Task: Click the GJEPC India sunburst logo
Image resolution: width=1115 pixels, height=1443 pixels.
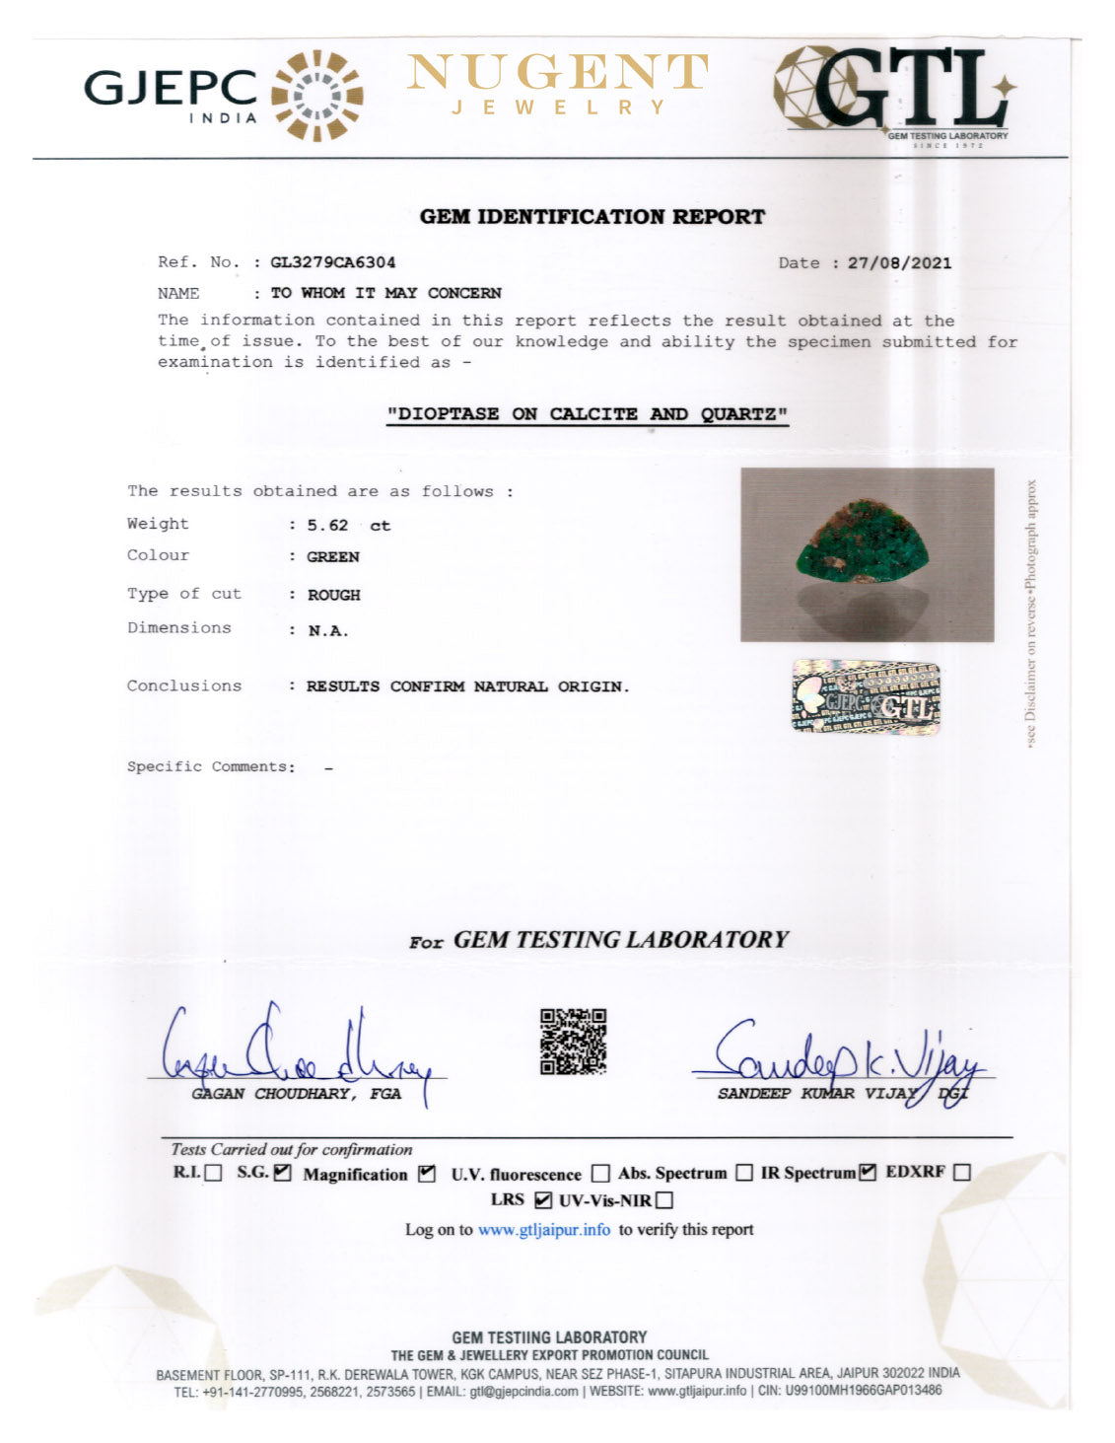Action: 316,95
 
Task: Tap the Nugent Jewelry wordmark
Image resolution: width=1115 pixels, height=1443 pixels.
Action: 558,84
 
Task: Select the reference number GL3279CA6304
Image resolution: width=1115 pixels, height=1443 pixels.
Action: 333,262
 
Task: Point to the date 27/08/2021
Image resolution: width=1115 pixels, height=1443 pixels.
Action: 899,263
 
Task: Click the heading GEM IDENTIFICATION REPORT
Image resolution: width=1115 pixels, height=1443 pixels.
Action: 592,217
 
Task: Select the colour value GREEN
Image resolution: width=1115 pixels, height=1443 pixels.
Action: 333,557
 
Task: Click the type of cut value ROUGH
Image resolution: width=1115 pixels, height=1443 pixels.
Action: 333,596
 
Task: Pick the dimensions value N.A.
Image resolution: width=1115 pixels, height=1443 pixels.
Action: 327,631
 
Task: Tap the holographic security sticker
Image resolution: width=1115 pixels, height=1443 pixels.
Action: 866,696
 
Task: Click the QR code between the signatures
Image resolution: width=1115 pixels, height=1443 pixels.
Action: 573,1041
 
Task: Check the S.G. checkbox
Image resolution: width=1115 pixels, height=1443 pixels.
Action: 283,1173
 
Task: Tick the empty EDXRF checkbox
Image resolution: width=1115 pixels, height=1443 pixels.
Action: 962,1172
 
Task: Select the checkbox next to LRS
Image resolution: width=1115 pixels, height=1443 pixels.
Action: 542,1200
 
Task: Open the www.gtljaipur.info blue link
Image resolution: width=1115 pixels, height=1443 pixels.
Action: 543,1230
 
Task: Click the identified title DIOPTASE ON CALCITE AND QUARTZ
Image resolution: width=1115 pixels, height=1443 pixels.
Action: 588,415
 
